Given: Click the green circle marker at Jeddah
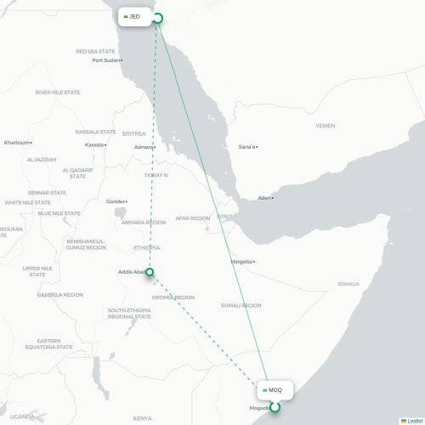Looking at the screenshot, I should pos(157,17).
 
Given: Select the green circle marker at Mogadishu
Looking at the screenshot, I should pos(275,407).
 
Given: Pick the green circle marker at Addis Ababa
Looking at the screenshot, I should pos(150,272).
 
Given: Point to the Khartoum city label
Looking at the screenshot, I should pos(17,142).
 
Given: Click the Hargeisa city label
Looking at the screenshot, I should pos(242,262).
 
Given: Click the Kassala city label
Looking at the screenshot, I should pos(94,144).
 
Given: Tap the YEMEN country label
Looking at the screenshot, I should pos(326,126).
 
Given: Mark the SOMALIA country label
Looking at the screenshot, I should pos(348,284).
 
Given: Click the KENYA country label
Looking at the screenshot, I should pos(142,418).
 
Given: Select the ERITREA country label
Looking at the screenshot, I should pos(134,133).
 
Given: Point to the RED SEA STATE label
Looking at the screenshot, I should pos(94,51).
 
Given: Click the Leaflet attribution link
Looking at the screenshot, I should pos(412,421).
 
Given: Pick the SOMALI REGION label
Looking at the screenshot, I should pos(241,305).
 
